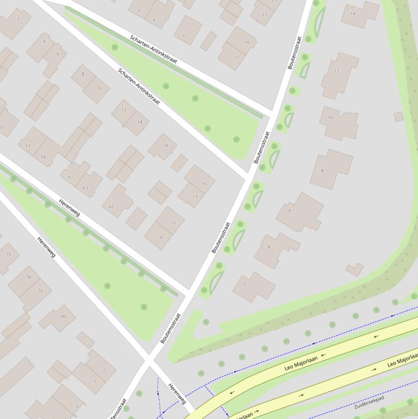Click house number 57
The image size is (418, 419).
(28, 146)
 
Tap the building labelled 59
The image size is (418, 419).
(43, 157)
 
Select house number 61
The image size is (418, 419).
(71, 177)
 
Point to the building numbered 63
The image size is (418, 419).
(85, 188)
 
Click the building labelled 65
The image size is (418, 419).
(112, 206)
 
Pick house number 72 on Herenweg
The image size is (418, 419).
(9, 254)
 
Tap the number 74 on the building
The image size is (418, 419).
(28, 277)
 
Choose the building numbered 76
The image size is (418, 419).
(40, 291)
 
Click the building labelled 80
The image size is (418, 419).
(64, 316)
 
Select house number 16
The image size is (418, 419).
(166, 145)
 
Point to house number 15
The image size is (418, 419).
(205, 184)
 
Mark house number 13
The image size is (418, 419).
(195, 196)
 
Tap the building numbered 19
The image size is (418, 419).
(246, 42)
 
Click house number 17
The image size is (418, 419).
(236, 58)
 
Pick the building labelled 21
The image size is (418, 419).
(264, 15)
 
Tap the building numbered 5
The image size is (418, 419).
(95, 381)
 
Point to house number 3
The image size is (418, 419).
(76, 406)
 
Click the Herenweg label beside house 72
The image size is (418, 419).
(46, 247)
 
